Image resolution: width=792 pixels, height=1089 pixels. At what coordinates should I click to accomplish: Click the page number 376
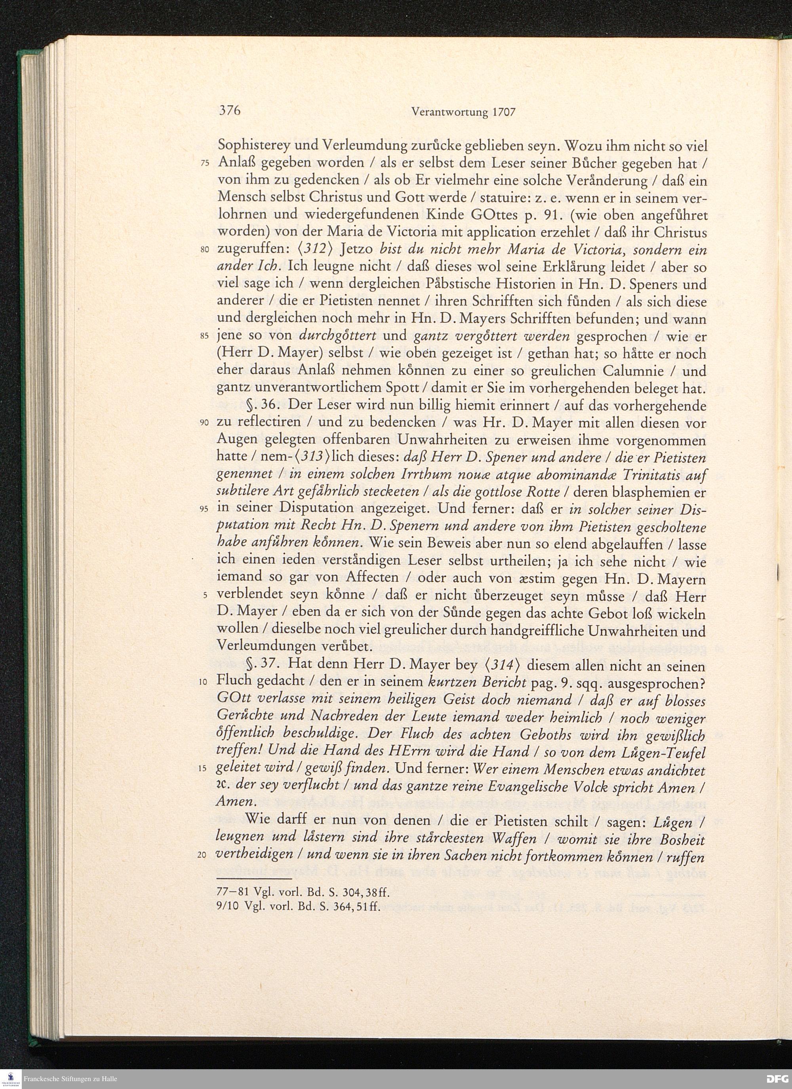[229, 111]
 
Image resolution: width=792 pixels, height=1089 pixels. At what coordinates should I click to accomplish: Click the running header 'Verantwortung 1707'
[463, 112]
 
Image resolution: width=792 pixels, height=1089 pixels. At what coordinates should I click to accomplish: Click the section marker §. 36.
[259, 406]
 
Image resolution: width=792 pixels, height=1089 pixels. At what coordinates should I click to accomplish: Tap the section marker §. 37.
[259, 665]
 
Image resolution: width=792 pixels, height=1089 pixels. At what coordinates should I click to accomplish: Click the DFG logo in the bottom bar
[778, 1079]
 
